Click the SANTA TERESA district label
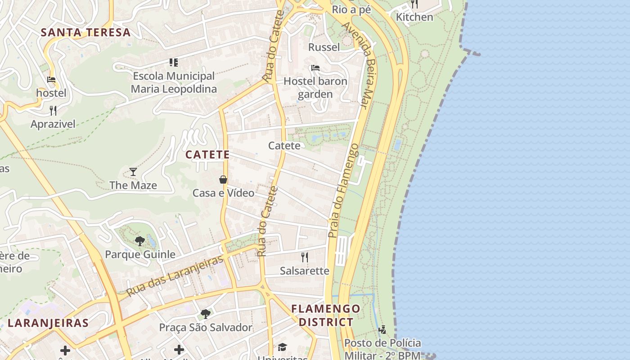85,32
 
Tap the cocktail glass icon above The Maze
133,171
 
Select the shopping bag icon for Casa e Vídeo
223,180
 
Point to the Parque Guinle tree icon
140,241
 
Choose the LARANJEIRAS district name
48,323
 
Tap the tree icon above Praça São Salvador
206,314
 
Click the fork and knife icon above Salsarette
305,257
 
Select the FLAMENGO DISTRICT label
326,315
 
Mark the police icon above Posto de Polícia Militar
382,330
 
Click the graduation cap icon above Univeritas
282,347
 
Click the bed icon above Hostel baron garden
315,68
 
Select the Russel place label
324,47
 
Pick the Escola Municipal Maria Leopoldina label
174,82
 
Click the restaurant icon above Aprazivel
53,110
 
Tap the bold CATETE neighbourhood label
207,155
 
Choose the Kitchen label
414,17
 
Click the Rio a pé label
351,9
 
